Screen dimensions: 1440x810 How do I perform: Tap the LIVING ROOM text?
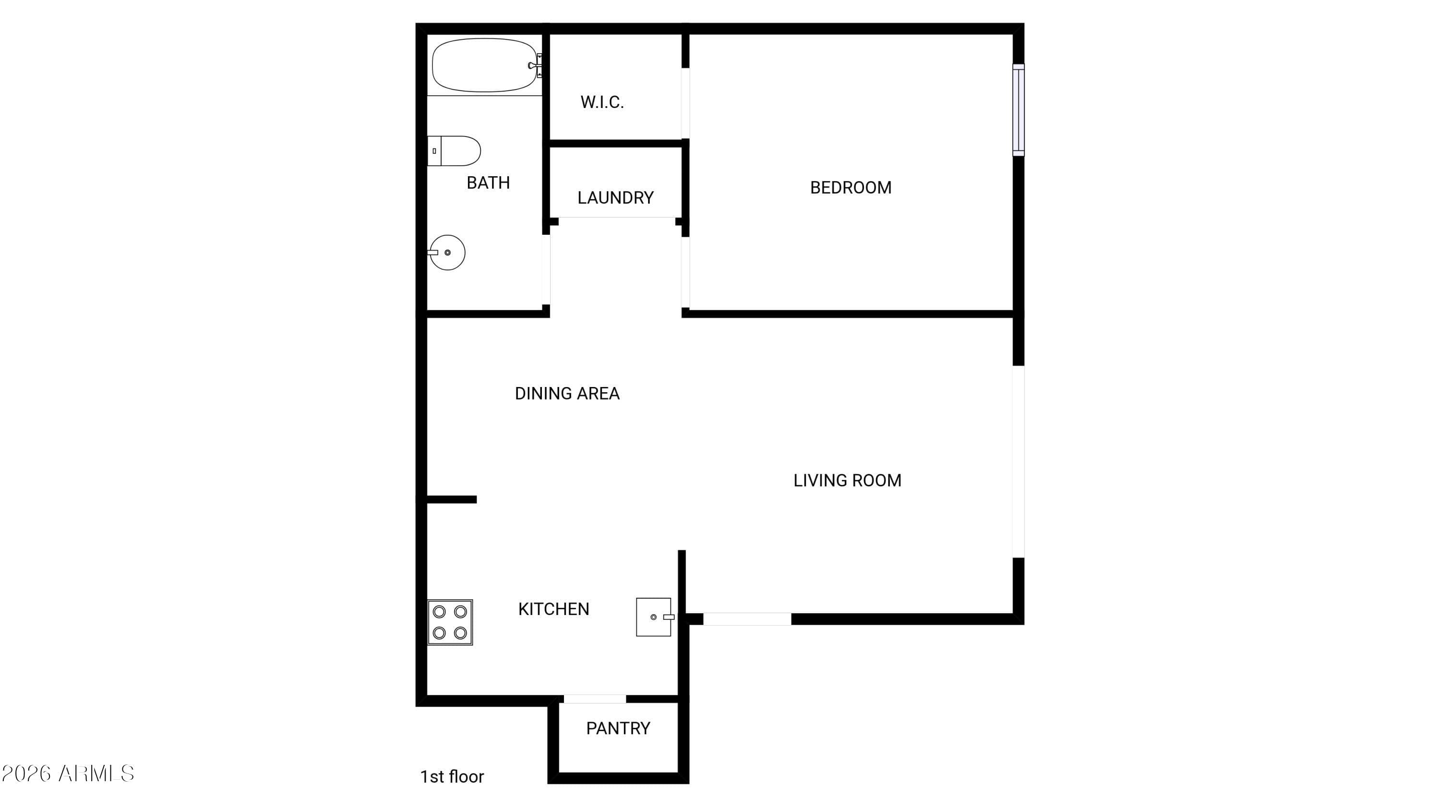848,481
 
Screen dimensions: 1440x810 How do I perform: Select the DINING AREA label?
567,394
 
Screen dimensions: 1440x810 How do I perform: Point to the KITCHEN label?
553,609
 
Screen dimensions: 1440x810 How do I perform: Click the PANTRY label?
618,728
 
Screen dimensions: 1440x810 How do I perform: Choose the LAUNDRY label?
615,198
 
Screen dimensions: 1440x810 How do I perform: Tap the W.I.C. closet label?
602,102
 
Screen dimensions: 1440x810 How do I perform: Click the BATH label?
488,183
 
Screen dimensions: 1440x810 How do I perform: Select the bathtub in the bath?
485,65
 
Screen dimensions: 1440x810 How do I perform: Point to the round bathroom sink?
447,253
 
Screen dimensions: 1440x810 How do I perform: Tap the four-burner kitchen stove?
450,622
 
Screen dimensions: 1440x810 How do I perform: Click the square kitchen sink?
654,617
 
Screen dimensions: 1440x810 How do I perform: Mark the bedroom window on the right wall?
1019,110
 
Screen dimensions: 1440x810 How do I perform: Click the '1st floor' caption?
452,777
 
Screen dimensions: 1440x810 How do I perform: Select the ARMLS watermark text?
68,774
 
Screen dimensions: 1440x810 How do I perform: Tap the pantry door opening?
595,699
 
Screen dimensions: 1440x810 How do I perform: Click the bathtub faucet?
535,65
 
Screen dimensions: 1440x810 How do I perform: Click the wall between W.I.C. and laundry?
616,144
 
